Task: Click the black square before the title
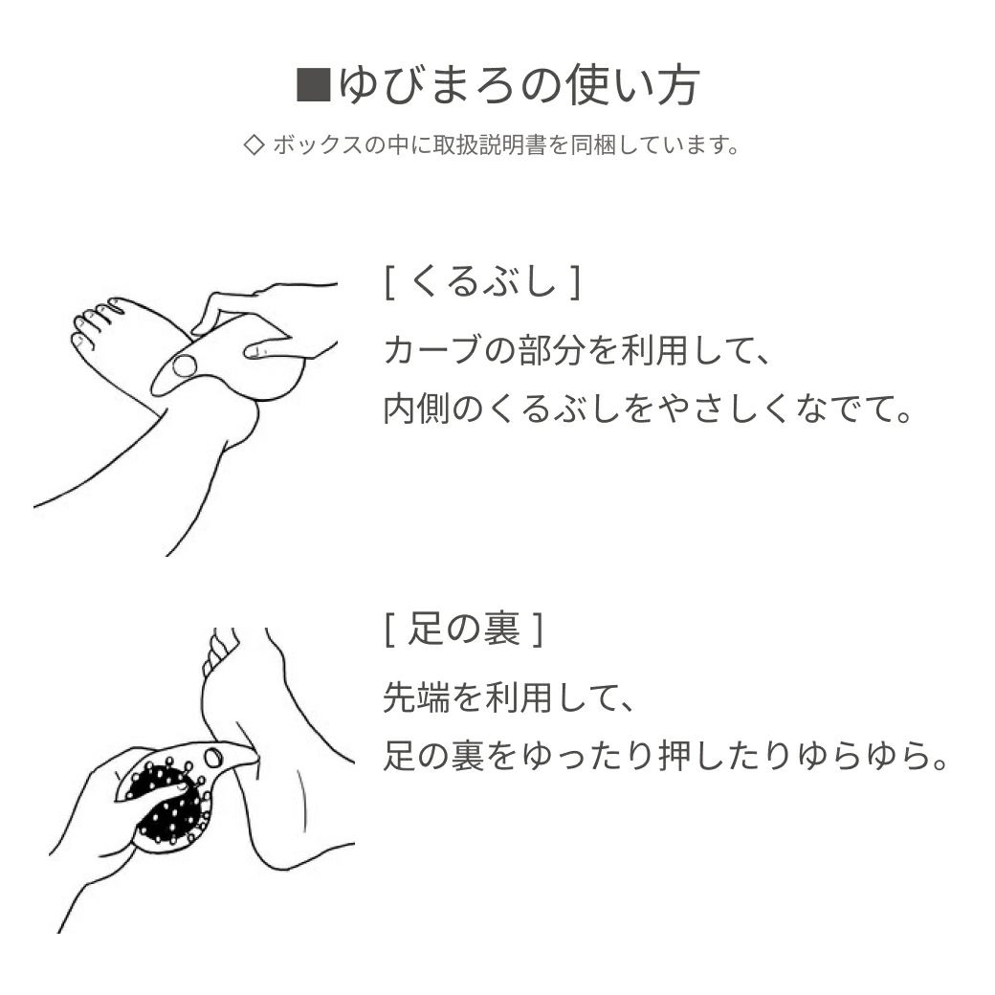coord(314,84)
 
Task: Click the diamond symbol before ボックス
coord(254,145)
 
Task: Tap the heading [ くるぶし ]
coord(483,281)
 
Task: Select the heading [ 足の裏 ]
coord(464,630)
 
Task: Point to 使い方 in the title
coord(634,85)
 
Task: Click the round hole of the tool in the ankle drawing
coord(185,365)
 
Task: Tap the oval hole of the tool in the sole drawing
coord(213,758)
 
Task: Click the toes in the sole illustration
coord(220,649)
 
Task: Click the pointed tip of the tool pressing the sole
coord(256,754)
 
